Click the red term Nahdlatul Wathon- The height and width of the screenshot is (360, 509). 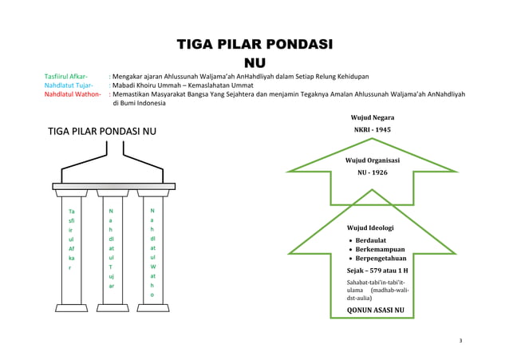[x=73, y=93]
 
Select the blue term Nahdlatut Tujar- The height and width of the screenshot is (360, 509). [x=68, y=85]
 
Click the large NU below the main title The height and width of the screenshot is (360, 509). [x=254, y=61]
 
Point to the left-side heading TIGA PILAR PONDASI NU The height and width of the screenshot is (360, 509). [x=102, y=132]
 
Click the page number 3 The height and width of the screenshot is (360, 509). [x=460, y=341]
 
